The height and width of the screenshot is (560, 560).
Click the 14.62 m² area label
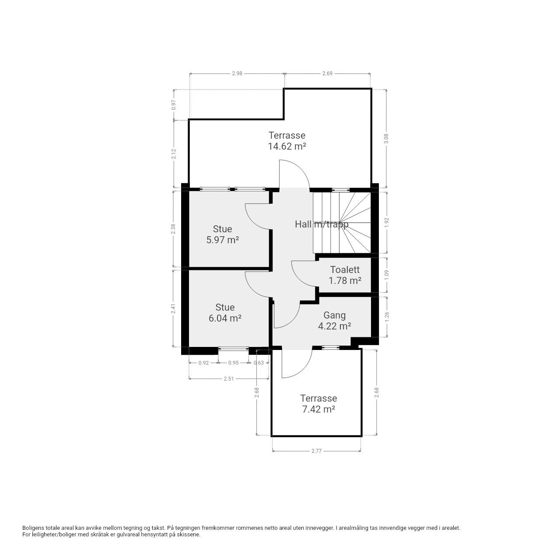(287, 146)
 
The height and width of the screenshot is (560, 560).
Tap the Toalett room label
(345, 269)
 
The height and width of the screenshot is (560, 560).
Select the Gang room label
(335, 315)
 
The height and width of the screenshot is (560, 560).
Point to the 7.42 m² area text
(318, 409)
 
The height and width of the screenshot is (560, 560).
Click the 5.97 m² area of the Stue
(223, 240)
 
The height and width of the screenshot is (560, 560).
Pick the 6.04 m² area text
(225, 318)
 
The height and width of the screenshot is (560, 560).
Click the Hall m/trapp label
(322, 224)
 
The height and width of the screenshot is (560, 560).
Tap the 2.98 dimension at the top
(237, 73)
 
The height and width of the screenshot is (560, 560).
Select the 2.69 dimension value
(327, 73)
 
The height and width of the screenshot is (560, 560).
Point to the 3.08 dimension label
(386, 138)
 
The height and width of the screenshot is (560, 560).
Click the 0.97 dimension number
(174, 105)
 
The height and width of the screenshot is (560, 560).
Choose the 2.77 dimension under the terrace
(316, 451)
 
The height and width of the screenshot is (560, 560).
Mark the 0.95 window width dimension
(233, 363)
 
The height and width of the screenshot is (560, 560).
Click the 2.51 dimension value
(229, 379)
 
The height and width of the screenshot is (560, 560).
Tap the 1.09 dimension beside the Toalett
(386, 275)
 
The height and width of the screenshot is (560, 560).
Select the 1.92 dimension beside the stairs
(386, 223)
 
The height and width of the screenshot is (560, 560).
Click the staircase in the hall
(342, 222)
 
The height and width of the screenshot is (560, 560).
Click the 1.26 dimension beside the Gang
(386, 317)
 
